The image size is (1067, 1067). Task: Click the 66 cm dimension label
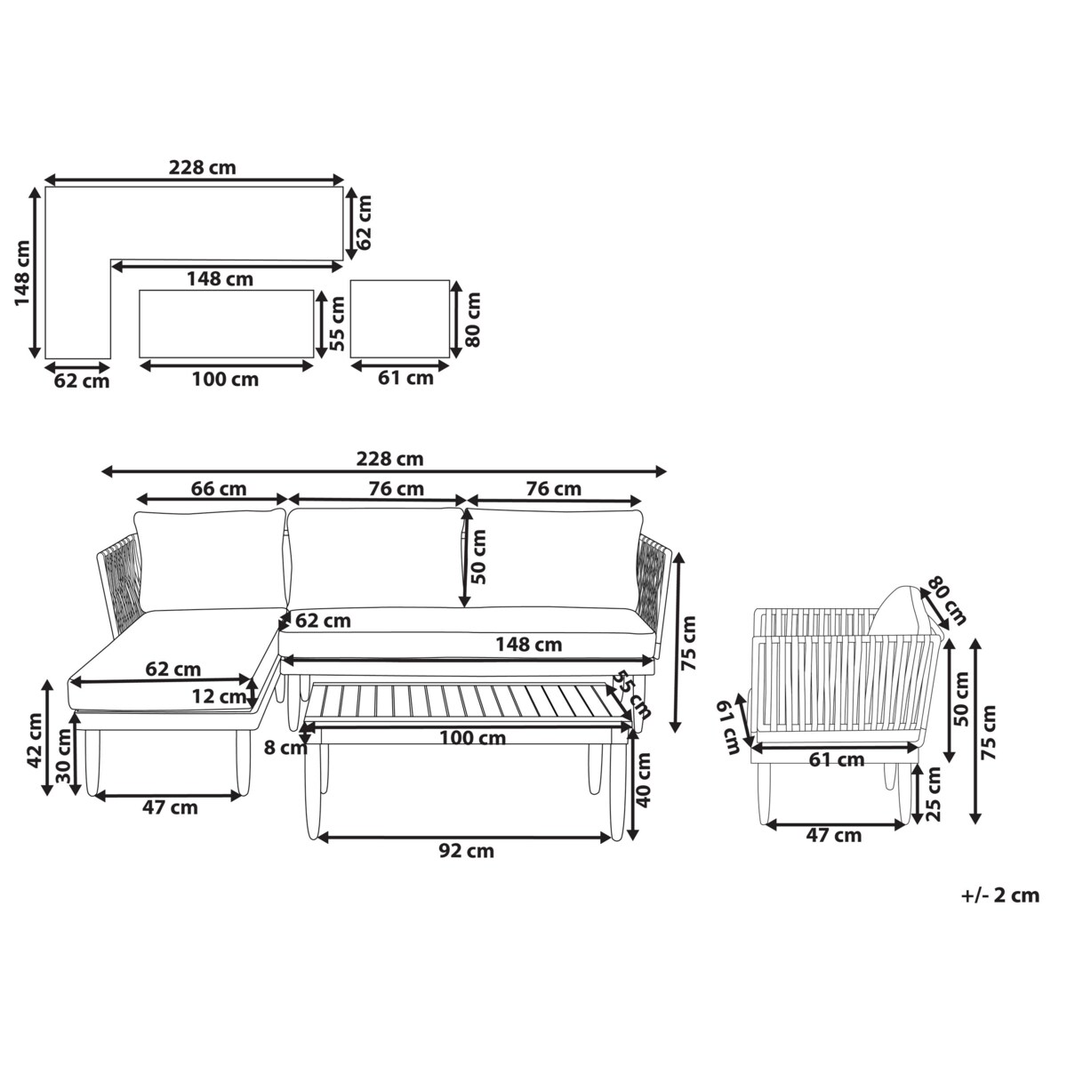[218, 489]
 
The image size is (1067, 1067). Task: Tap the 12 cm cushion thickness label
[220, 696]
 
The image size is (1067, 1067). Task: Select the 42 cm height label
[35, 741]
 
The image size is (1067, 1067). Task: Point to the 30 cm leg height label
[63, 757]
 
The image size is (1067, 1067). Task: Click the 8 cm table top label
[285, 748]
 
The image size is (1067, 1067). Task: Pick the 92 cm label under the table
[466, 851]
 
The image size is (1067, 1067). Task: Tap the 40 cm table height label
[643, 780]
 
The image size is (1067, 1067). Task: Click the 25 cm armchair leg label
[933, 794]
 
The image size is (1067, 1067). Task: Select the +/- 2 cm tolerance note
[1000, 895]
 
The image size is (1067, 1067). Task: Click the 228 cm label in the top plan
[202, 167]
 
